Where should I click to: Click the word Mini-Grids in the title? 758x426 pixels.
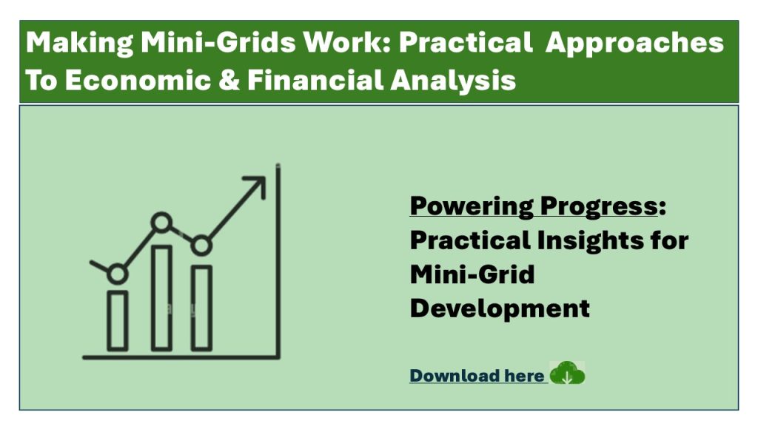pyautogui.click(x=218, y=42)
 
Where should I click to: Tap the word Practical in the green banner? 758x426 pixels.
pyautogui.click(x=466, y=42)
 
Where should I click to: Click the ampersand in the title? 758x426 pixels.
pyautogui.click(x=229, y=80)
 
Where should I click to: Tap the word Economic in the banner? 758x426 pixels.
pyautogui.click(x=138, y=80)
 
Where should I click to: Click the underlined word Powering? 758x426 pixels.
pyautogui.click(x=472, y=207)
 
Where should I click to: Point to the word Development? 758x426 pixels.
pyautogui.click(x=500, y=308)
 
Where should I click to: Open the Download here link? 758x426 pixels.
pyautogui.click(x=477, y=376)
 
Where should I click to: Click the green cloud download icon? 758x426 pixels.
pyautogui.click(x=567, y=373)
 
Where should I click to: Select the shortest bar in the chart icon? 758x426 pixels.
pyautogui.click(x=118, y=321)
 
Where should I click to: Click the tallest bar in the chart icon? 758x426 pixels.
pyautogui.click(x=161, y=298)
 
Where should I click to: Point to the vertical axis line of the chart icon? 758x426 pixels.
pyautogui.click(x=278, y=261)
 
